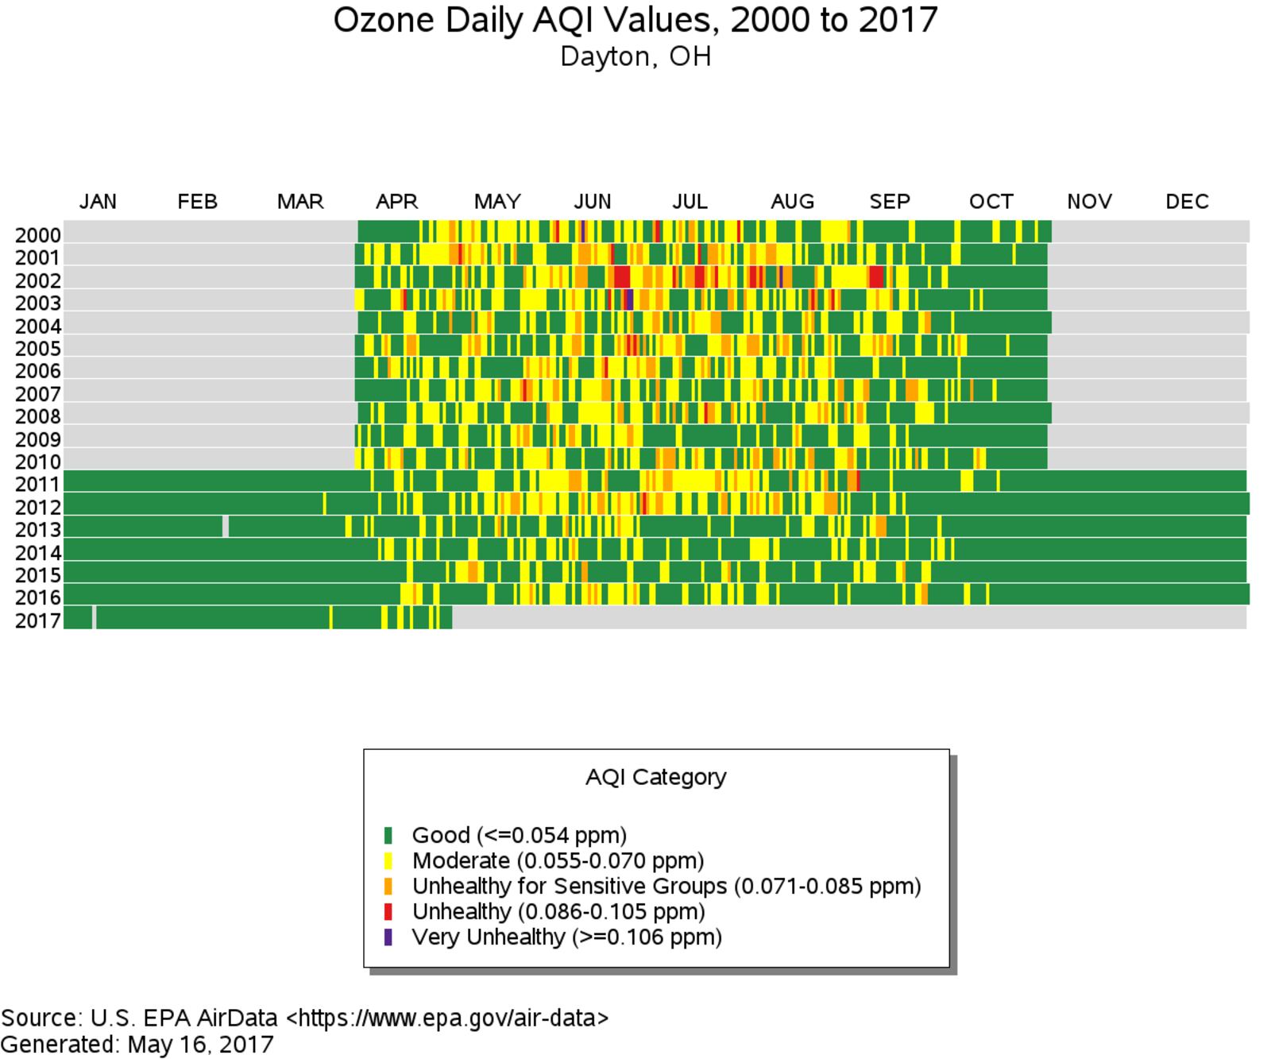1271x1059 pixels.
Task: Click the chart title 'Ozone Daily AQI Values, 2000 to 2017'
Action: (635, 20)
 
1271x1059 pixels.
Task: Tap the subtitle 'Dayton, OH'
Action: (635, 57)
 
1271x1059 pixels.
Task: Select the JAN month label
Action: (98, 202)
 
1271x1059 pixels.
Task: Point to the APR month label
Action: (396, 202)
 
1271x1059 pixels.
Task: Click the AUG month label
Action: (792, 202)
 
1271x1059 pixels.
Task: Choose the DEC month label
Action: (1187, 202)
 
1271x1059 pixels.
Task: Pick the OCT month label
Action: (991, 202)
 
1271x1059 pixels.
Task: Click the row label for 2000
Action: (37, 236)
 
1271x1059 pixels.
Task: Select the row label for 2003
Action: (37, 303)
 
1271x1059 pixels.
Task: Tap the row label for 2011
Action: (37, 485)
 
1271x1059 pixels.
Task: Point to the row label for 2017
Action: (37, 620)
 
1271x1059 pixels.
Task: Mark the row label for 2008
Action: (37, 417)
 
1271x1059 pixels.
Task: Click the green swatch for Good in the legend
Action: (388, 836)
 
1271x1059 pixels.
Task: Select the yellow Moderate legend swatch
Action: (388, 861)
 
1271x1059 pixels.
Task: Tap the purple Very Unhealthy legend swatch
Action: (388, 937)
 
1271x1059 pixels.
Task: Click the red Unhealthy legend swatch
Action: (388, 912)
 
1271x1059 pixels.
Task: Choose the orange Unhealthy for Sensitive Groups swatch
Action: (388, 887)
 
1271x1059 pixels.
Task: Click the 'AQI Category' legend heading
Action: (655, 777)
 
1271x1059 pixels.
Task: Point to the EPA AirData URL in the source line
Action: (447, 1018)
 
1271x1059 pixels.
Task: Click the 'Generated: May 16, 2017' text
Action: (137, 1044)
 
